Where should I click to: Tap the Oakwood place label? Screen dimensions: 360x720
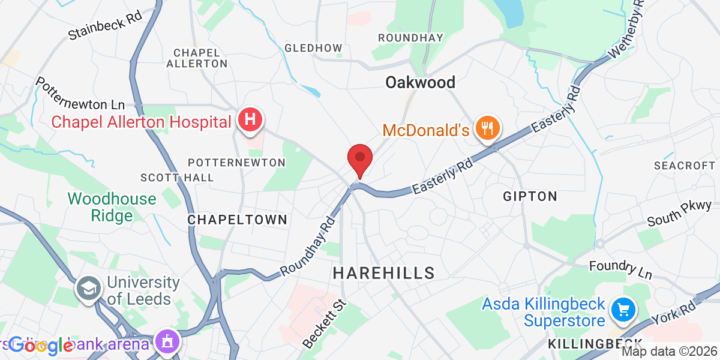click(420, 82)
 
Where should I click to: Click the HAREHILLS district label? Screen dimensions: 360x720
click(383, 273)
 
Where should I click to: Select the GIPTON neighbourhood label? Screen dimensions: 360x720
click(530, 196)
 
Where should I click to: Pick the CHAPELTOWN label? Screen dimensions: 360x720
click(238, 220)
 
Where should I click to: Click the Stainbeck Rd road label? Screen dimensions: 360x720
click(105, 27)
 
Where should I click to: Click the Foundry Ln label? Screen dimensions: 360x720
click(620, 269)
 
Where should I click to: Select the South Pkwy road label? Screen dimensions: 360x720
click(679, 214)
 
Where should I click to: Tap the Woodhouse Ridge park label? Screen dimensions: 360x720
click(112, 207)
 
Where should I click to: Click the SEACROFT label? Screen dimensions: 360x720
click(685, 165)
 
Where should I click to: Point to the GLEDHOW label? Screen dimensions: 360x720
click(313, 48)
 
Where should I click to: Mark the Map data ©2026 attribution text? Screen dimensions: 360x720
click(669, 352)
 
